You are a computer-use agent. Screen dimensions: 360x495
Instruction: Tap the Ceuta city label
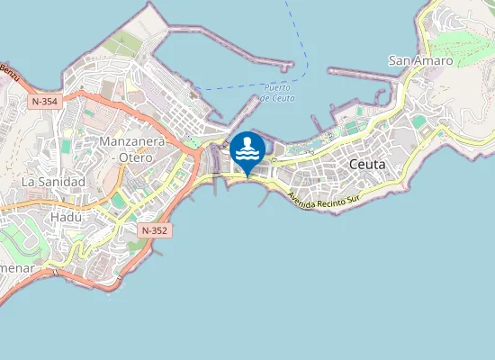click(365, 165)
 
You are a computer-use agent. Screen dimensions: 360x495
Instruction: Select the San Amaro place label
click(420, 60)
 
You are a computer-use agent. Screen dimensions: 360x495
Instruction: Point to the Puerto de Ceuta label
click(276, 93)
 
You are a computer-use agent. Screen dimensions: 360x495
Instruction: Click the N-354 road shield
click(43, 102)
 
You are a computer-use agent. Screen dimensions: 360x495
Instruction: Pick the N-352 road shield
click(154, 231)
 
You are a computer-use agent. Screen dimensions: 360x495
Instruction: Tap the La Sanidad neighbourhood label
click(53, 182)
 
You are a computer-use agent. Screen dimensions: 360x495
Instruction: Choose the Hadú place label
click(67, 217)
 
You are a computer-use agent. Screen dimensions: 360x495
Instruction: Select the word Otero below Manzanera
click(138, 157)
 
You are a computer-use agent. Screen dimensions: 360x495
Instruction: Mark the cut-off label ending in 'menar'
click(17, 269)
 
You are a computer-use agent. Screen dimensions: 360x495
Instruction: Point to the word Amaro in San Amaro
click(434, 60)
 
